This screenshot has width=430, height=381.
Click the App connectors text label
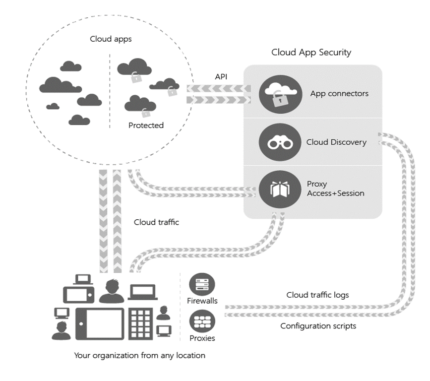(339, 93)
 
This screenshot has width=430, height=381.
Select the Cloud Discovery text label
(336, 142)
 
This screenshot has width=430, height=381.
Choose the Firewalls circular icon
(202, 284)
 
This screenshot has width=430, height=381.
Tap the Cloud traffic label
(156, 222)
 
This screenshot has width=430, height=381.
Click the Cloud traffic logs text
(317, 295)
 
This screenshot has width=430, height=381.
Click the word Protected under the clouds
(146, 126)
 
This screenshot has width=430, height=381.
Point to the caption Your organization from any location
(139, 355)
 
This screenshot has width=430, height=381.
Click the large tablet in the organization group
(100, 322)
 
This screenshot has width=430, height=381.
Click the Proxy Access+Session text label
(335, 189)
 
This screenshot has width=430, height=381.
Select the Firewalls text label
(202, 301)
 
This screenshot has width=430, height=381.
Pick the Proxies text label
(202, 338)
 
